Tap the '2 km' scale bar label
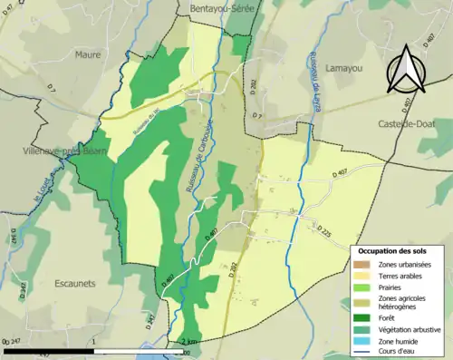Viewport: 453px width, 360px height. click(x=188, y=342)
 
